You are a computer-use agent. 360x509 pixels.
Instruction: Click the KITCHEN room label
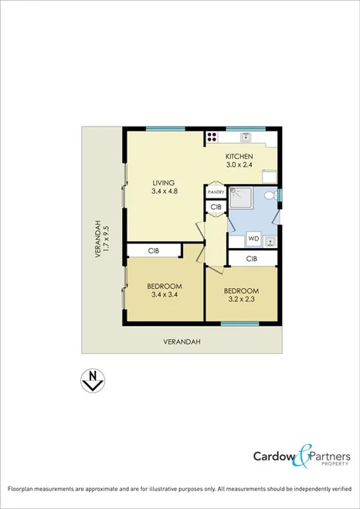point(239,156)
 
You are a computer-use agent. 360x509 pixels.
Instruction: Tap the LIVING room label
point(162,182)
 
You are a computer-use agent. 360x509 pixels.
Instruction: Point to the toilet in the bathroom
point(268,198)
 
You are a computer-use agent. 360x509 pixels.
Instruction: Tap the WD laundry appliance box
point(253,239)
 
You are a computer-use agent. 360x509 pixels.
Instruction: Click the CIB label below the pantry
point(216,207)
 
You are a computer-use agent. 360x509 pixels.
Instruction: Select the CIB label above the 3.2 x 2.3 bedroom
point(252,259)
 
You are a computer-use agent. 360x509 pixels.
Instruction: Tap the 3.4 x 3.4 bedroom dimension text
point(165,294)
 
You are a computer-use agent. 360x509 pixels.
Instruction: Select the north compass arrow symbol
point(93,381)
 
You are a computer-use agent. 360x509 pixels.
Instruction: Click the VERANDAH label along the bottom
point(182,341)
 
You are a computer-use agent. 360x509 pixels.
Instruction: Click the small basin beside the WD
point(270,240)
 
